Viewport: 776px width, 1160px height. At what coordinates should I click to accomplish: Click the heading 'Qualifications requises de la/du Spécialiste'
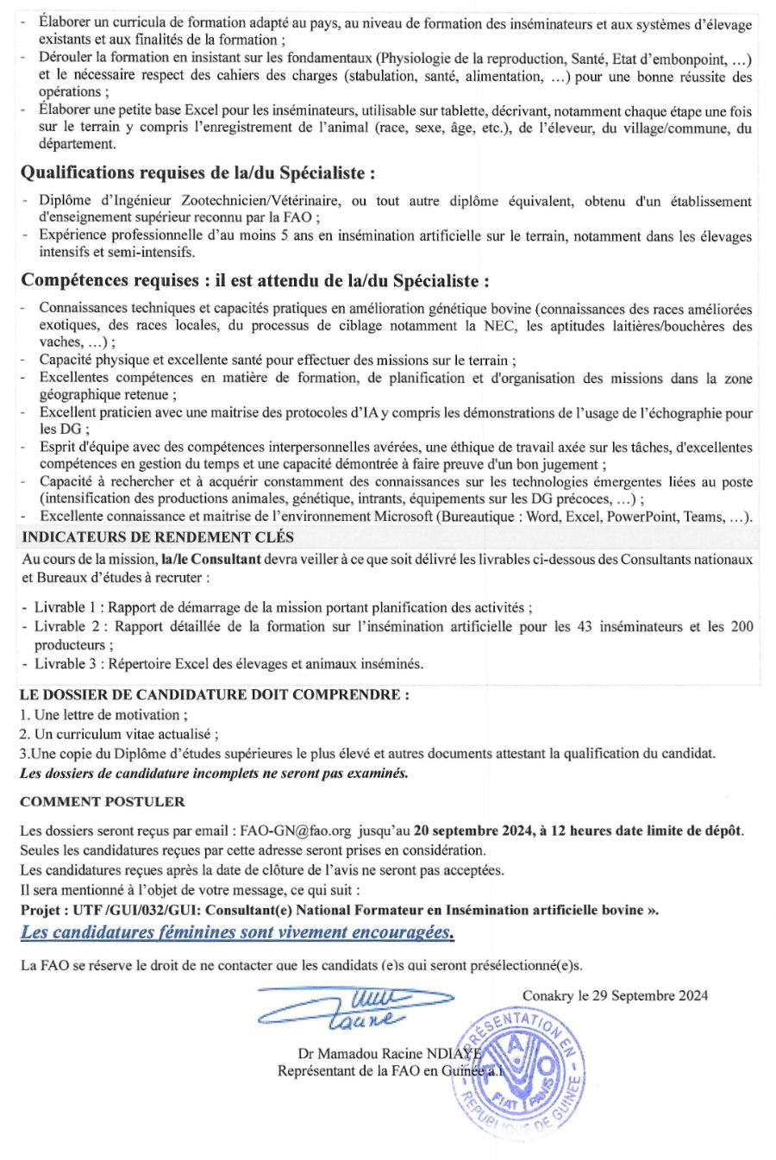tap(197, 173)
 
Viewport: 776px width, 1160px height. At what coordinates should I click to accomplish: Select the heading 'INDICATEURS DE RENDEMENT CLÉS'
tap(158, 536)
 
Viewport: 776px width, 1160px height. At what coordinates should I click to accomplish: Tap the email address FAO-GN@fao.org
tap(295, 831)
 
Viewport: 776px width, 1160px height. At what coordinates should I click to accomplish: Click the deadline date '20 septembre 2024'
tap(468, 831)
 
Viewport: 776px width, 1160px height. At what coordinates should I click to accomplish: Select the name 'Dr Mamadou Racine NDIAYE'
tap(386, 1053)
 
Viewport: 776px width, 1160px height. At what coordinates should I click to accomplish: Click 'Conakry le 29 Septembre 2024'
tap(615, 995)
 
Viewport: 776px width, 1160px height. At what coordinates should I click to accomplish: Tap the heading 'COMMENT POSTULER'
tap(103, 801)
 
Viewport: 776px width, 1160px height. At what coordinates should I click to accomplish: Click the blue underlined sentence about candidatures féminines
tap(237, 932)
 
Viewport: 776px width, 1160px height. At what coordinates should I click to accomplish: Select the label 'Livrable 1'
tap(68, 608)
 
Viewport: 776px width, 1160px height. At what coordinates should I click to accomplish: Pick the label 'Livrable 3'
tap(68, 664)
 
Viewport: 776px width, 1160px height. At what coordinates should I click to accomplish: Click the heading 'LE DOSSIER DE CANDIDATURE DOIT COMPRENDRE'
tap(214, 694)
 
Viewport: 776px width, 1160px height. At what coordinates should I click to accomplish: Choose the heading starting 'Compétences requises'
tap(255, 280)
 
